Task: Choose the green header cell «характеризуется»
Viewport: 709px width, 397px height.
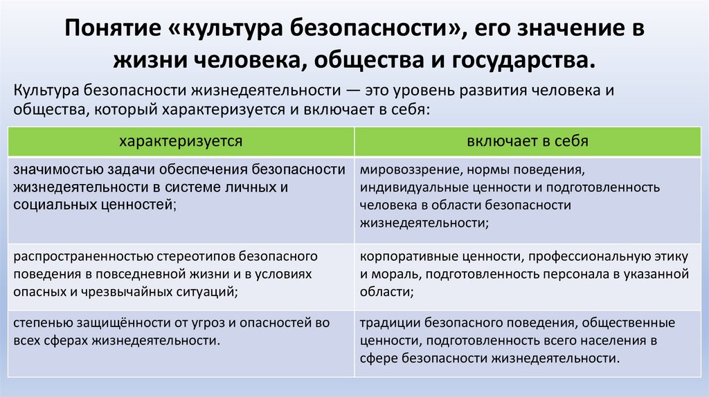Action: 181,142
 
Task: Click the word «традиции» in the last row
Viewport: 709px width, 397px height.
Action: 384,323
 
